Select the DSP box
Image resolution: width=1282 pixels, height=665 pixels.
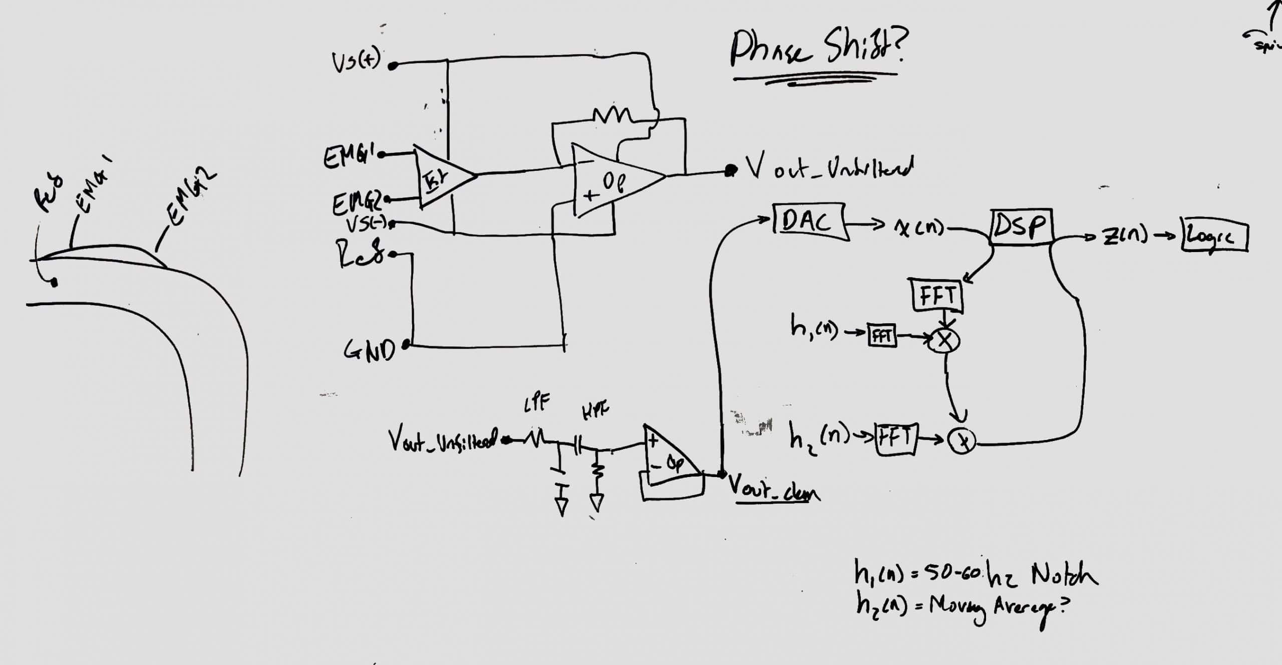(x=1021, y=228)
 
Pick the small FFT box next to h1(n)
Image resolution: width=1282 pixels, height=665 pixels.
(x=882, y=335)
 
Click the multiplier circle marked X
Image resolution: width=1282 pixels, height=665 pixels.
(x=944, y=341)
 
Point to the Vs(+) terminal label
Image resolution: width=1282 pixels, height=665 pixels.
(x=355, y=63)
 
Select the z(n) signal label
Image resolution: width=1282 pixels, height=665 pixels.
(x=1124, y=236)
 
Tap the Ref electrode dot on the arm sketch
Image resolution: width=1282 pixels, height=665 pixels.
(x=54, y=283)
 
